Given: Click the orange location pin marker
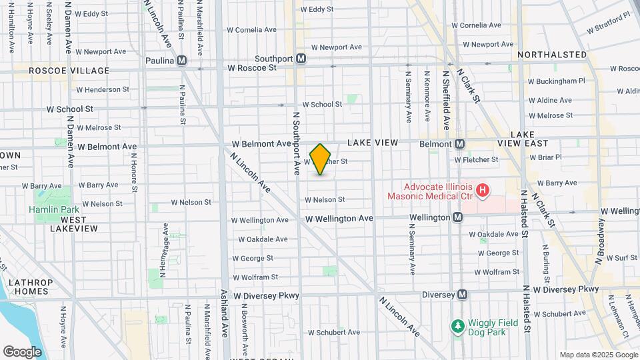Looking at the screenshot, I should tap(321, 159).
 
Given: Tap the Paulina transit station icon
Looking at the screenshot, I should tap(182, 61).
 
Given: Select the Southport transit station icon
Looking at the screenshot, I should tap(301, 59).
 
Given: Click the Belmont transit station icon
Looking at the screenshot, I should tap(460, 144).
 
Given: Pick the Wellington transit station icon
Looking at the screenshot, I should tap(458, 217).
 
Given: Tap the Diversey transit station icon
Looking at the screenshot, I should tap(462, 295).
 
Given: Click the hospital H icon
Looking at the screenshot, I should tap(483, 192).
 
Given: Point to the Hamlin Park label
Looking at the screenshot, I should tap(45, 209).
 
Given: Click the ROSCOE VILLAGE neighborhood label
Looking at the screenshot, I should tap(69, 70).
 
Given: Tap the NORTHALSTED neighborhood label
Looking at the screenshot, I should tap(551, 55).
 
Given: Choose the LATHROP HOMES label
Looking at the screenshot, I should tap(24, 286).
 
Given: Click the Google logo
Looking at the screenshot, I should tap(22, 352).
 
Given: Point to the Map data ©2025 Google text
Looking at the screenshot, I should tap(598, 355).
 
